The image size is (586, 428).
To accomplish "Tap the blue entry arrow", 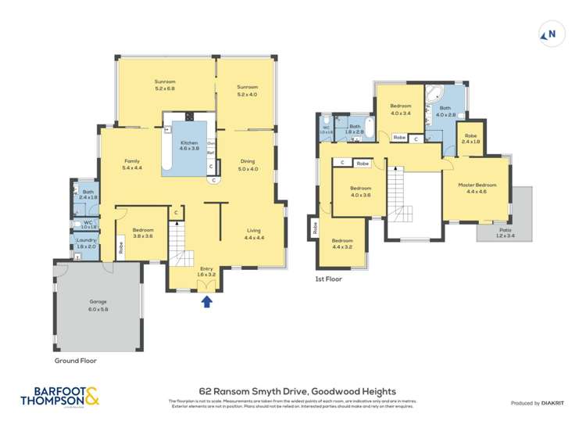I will pyautogui.click(x=207, y=302).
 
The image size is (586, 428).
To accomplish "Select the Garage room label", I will pyautogui.click(x=98, y=305).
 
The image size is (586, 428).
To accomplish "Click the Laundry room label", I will pyautogui.click(x=86, y=243).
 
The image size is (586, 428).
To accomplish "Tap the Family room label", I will pyautogui.click(x=132, y=164).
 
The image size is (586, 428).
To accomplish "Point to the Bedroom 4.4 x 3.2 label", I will pyautogui.click(x=341, y=243).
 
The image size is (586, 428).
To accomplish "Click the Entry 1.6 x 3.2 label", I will pyautogui.click(x=206, y=272).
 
